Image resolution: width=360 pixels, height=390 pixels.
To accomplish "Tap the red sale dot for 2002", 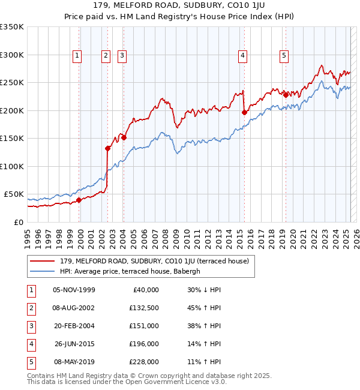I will [108, 148].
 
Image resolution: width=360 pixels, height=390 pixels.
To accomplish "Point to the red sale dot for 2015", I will [244, 112].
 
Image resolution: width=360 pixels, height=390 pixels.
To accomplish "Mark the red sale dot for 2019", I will [286, 95].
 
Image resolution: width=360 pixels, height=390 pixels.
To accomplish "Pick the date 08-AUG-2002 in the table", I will [74, 308].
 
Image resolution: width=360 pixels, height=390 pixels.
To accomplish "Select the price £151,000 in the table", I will [145, 326].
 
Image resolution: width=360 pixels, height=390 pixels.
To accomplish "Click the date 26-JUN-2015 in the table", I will [74, 344].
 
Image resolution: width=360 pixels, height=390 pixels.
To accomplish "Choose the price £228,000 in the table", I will [145, 362].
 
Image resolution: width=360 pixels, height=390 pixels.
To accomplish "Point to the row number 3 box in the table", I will [31, 326].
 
